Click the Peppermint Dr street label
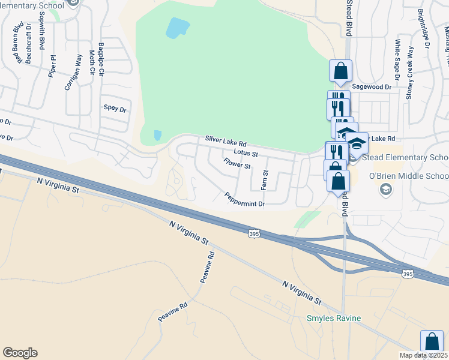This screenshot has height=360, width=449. (245, 200)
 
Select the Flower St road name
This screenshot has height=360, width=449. (237, 164)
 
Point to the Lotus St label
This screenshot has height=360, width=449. (246, 154)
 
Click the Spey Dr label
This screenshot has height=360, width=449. (115, 109)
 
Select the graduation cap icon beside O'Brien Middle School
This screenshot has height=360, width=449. (384, 190)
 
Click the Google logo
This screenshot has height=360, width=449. (20, 353)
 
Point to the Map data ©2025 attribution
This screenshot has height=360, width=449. (423, 355)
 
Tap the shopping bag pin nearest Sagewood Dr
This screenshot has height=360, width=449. (340, 70)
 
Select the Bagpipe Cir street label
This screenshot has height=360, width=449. (101, 59)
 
